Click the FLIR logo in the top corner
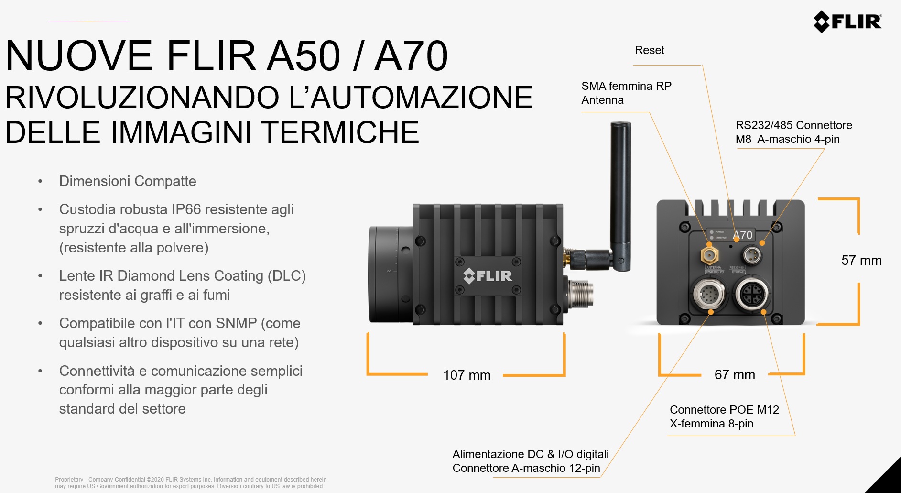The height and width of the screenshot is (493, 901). point(847,22)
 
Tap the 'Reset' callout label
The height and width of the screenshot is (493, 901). point(650,50)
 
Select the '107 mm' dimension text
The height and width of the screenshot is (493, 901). point(467,375)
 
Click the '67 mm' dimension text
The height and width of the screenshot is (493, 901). point(735,374)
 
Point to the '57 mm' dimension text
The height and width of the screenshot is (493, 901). point(861,260)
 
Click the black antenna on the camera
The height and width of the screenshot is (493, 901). point(620,196)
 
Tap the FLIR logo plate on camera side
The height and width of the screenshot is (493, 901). point(488,275)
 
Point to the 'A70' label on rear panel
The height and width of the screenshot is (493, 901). point(743,235)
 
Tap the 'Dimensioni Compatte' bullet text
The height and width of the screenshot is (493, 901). point(128,181)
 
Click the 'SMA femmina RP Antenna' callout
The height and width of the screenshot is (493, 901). point(626,93)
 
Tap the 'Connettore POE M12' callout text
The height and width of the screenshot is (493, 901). point(724,410)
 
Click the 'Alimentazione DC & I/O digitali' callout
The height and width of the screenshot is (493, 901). point(531,454)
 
